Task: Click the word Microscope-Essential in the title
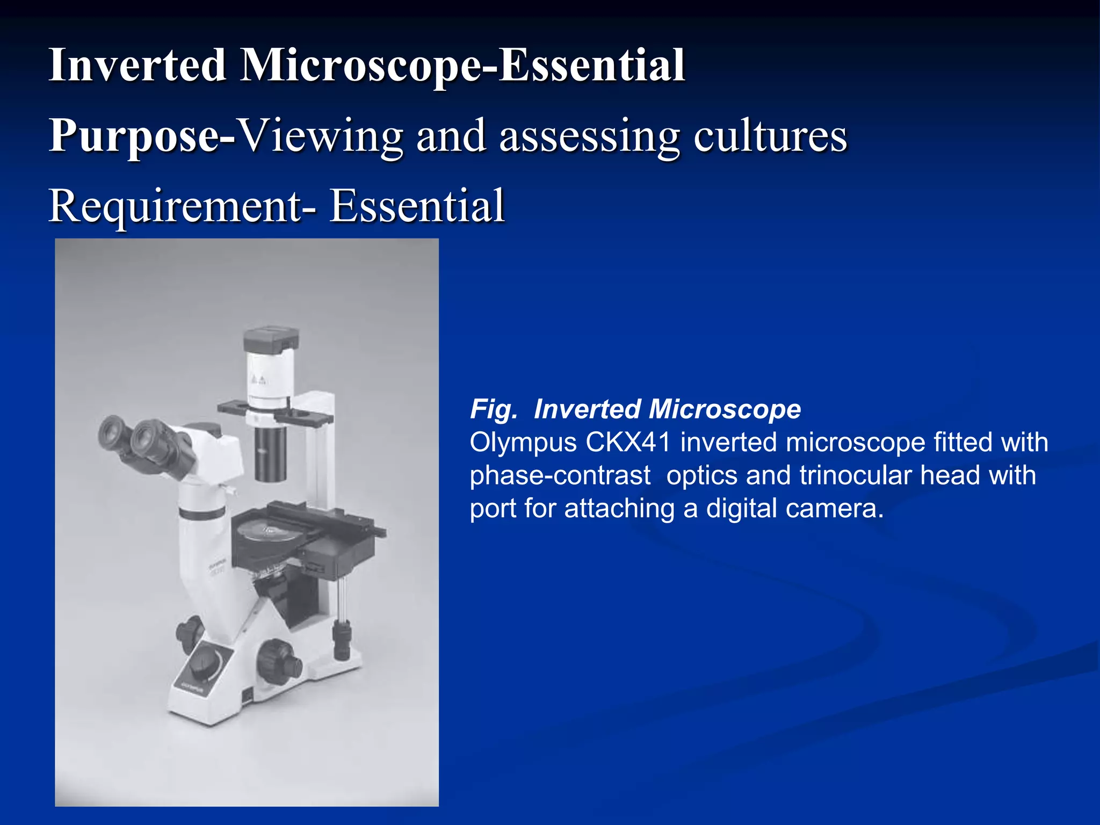(x=462, y=66)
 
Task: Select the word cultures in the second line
(x=770, y=135)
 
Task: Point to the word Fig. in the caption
(x=494, y=409)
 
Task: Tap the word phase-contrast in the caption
(x=560, y=476)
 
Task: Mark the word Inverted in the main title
(x=137, y=66)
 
